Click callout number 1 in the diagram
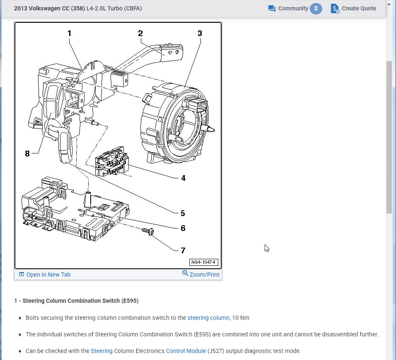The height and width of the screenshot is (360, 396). click(x=70, y=33)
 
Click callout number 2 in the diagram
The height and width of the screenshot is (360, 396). click(x=140, y=33)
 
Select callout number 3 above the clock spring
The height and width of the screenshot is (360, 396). click(x=200, y=33)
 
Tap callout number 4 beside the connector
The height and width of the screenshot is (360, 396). click(x=183, y=178)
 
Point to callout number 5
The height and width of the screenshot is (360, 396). click(x=183, y=213)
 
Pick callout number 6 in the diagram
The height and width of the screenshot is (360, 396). click(x=183, y=228)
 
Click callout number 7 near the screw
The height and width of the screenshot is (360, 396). click(x=183, y=250)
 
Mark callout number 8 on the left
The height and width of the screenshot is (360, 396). click(x=27, y=153)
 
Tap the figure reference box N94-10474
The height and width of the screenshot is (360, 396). click(x=203, y=262)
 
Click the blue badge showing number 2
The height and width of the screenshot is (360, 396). click(x=316, y=8)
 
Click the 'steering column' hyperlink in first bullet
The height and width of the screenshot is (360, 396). click(x=208, y=318)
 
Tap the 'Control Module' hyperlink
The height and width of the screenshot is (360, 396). click(x=186, y=351)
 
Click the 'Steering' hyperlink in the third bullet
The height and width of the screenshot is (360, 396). click(x=101, y=351)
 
